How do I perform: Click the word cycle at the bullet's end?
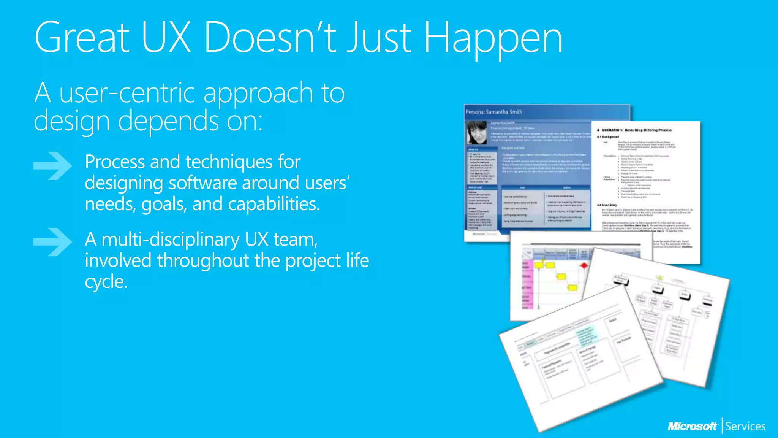click(x=105, y=282)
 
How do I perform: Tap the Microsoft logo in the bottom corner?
click(x=692, y=427)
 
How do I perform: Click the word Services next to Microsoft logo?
click(x=745, y=427)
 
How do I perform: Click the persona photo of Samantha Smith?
click(x=477, y=133)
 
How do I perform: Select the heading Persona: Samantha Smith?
click(x=494, y=112)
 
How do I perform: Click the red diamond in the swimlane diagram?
click(x=584, y=265)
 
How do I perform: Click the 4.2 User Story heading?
click(x=607, y=205)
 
